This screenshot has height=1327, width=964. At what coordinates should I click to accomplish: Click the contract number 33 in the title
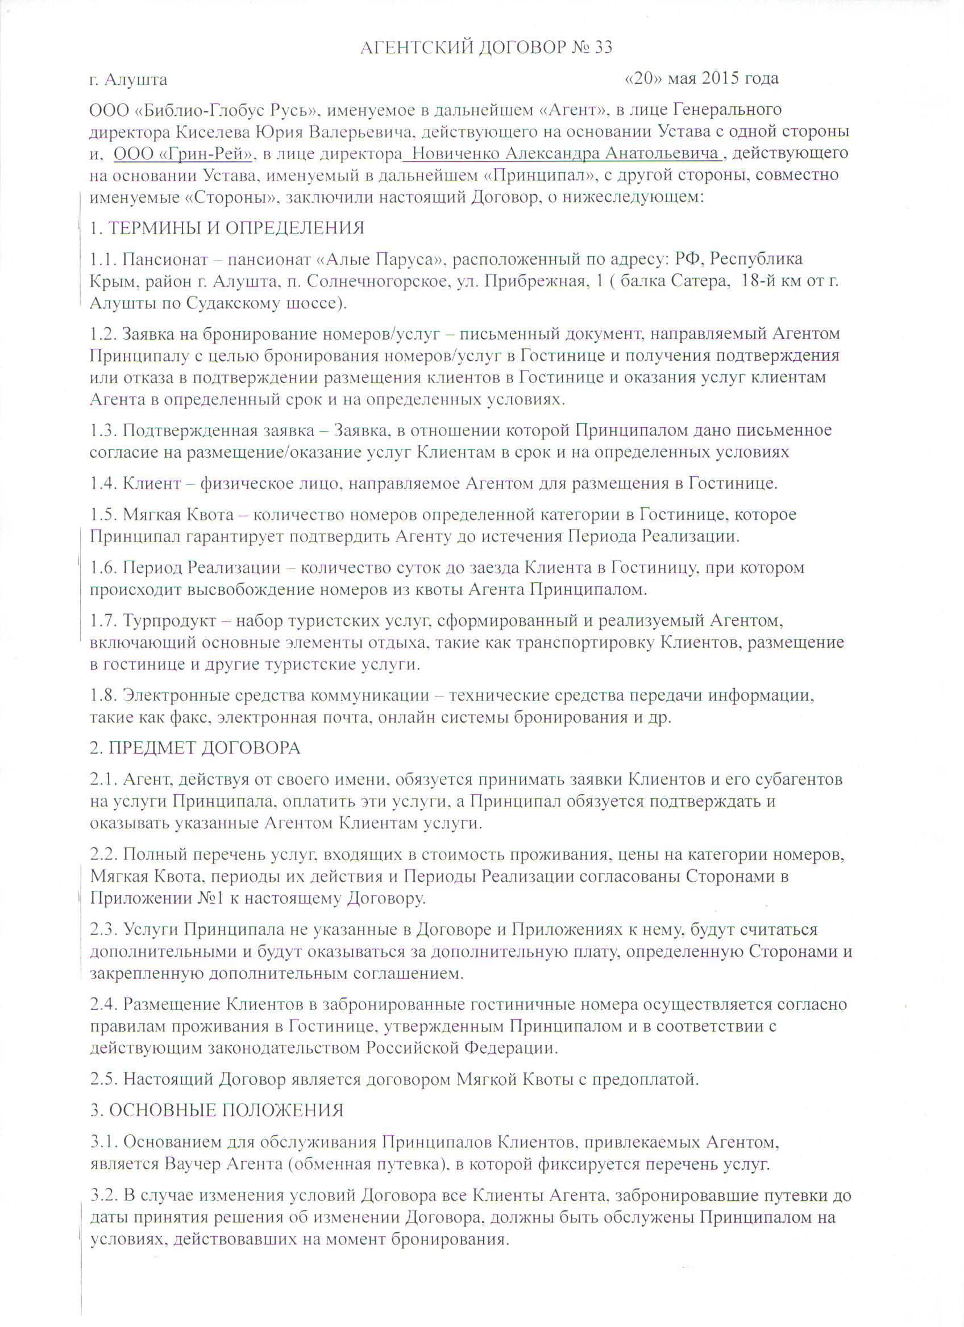[x=602, y=47]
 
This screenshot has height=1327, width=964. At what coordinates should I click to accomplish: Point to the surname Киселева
[x=214, y=132]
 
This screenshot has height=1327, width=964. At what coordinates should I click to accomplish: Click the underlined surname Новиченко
[x=455, y=154]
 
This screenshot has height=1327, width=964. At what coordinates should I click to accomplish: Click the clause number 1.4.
[x=103, y=484]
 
